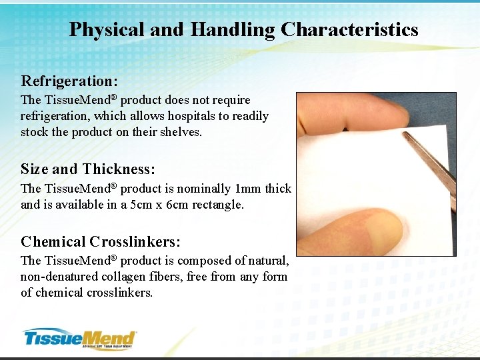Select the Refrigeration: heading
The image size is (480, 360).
(x=69, y=81)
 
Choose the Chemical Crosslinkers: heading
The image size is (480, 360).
(x=100, y=241)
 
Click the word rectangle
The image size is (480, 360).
(x=218, y=205)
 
